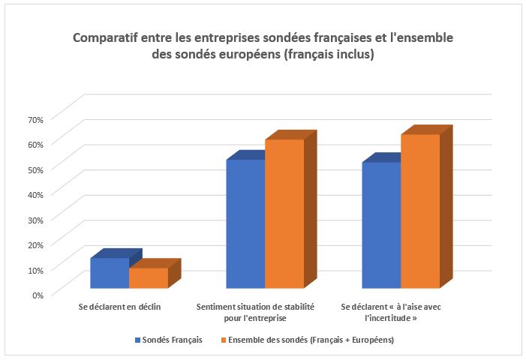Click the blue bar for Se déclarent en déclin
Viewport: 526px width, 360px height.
110,273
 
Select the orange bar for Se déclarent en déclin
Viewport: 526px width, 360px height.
149,278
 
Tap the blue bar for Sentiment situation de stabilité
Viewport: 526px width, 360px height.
245,224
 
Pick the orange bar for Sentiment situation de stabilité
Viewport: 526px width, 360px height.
284,214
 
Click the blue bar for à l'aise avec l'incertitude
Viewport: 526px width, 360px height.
381,225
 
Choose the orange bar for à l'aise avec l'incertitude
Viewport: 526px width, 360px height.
420,211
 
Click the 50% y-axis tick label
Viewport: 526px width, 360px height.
36,170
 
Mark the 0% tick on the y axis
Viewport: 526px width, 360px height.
38,295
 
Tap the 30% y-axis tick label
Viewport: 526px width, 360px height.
36,220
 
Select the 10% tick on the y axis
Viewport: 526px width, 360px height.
36,270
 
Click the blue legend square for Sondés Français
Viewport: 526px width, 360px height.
137,340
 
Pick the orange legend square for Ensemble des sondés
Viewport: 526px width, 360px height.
224,340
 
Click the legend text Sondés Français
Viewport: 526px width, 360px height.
172,340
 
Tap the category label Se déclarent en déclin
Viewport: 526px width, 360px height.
120,307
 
